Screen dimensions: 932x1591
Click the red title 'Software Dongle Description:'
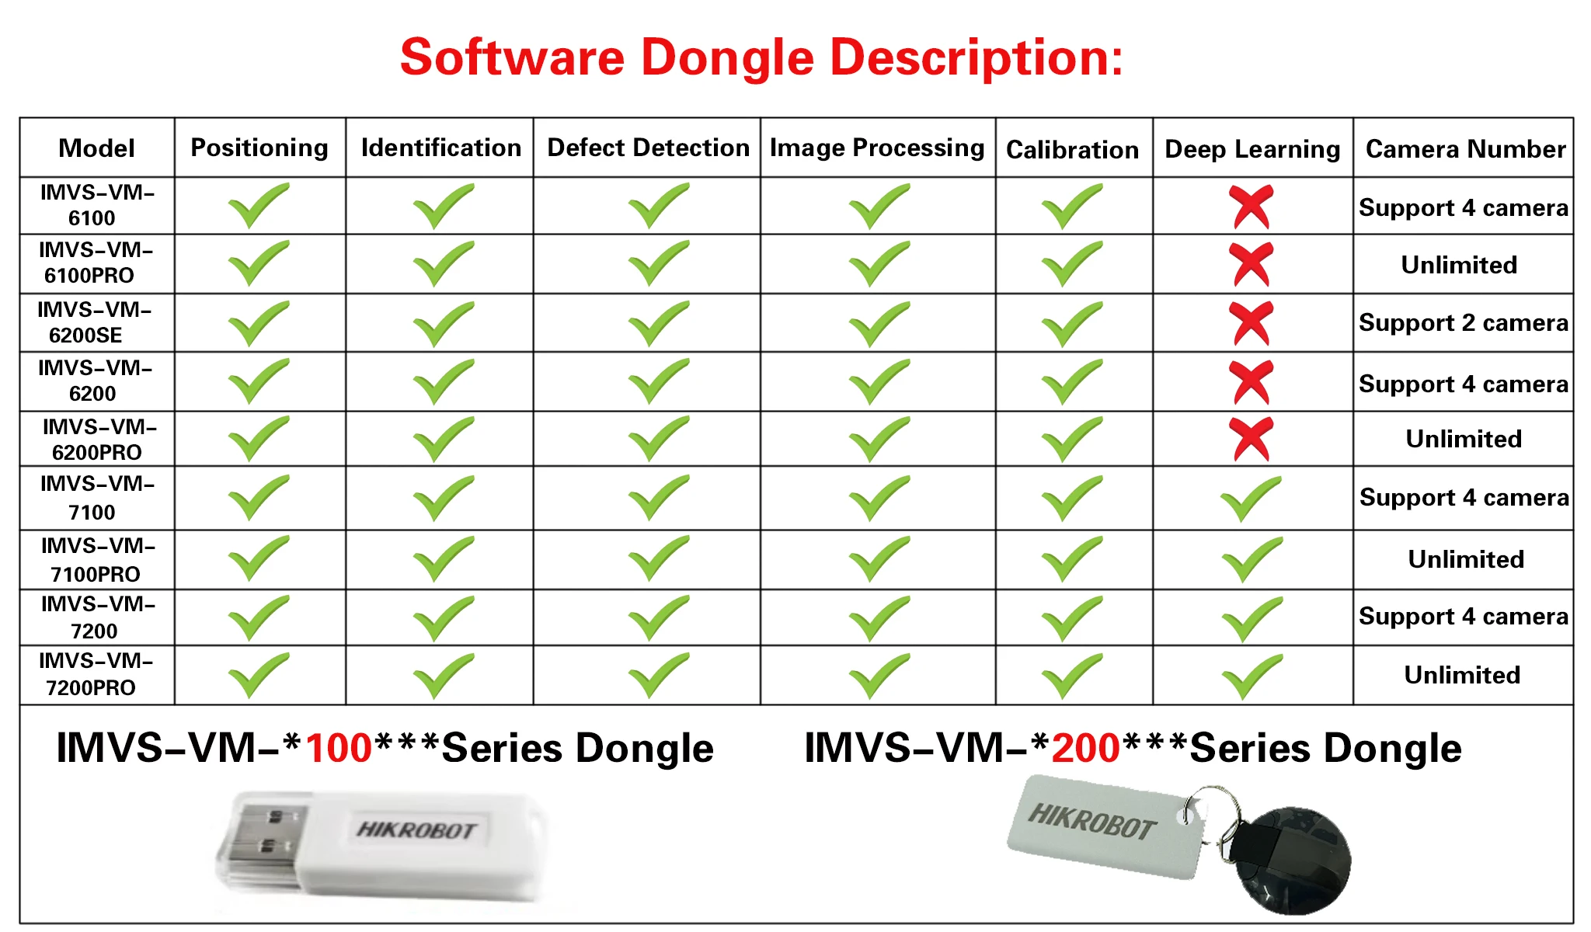click(761, 57)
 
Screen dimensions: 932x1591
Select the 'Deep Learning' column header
click(1252, 148)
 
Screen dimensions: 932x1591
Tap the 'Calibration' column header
click(1072, 149)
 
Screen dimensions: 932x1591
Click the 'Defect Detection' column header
click(648, 148)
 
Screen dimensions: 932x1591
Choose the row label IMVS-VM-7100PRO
click(98, 559)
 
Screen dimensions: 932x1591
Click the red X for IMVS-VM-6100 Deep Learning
click(1251, 207)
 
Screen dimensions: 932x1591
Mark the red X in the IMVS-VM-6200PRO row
click(1251, 439)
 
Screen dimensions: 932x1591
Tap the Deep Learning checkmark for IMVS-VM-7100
click(1251, 499)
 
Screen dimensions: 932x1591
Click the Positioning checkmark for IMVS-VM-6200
click(259, 381)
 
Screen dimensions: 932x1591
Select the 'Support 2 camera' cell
click(1463, 322)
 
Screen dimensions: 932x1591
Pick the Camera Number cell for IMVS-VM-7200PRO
click(1462, 675)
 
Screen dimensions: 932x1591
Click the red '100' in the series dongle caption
click(339, 748)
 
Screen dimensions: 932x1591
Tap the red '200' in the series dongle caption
click(1085, 748)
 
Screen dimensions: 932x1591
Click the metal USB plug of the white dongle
click(260, 843)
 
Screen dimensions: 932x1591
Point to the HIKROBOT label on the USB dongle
click(416, 830)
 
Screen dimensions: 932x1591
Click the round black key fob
click(1297, 858)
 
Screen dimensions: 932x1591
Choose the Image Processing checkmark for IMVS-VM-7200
click(879, 618)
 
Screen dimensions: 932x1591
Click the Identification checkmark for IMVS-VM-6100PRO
click(443, 264)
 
